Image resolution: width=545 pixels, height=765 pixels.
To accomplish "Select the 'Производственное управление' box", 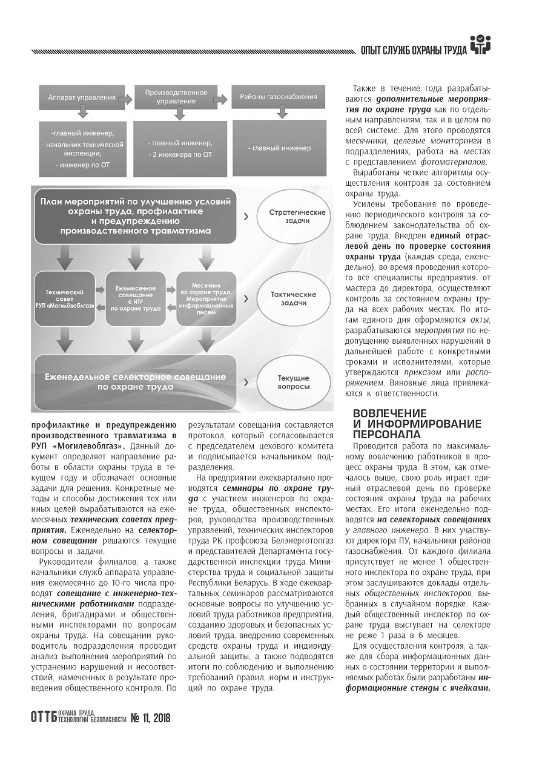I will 176,97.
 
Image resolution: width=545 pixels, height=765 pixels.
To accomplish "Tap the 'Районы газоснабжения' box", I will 278,97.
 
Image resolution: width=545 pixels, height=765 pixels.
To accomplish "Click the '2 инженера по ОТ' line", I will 180,155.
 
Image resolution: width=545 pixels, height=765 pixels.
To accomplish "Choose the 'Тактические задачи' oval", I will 297,298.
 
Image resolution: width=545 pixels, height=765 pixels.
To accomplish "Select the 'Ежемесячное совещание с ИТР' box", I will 136,300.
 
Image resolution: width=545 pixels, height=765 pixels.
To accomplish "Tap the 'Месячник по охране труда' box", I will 206,300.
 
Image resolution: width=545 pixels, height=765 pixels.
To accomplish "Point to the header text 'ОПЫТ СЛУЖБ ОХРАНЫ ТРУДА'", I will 413,50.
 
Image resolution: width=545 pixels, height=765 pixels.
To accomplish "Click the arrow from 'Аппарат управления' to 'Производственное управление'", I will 125,97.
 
